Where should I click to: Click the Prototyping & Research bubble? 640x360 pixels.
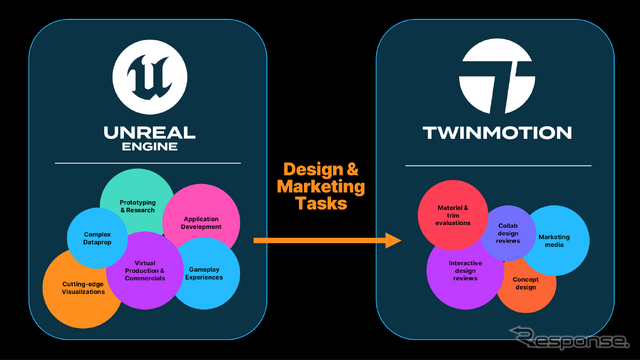pos(137,205)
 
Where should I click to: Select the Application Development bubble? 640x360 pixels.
pos(202,222)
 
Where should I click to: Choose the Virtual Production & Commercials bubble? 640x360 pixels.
pos(145,268)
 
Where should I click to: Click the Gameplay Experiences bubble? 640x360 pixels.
pos(207,272)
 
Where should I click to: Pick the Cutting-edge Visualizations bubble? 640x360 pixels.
pos(78,290)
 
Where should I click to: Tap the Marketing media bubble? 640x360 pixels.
pos(556,239)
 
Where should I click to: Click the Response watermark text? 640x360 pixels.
pos(575,340)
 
